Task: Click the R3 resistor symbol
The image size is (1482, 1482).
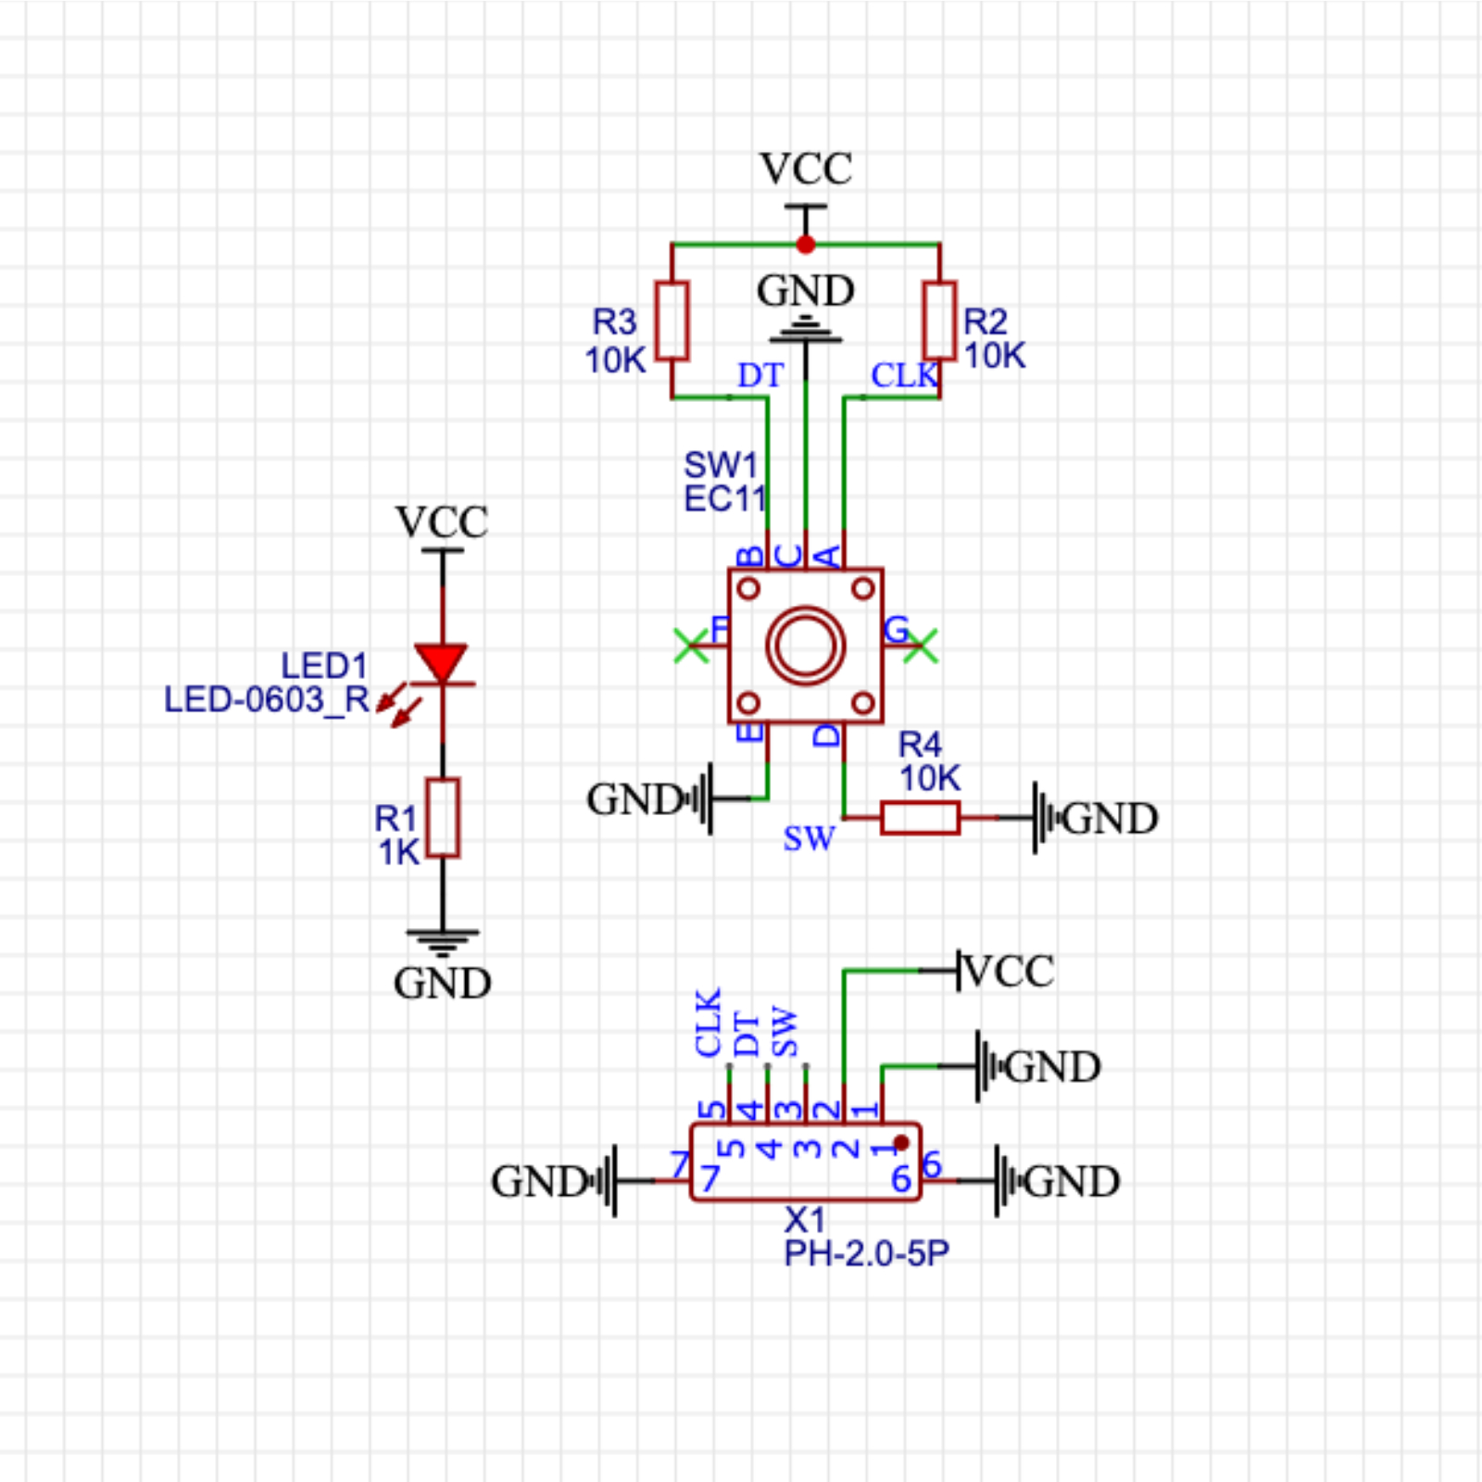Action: [672, 320]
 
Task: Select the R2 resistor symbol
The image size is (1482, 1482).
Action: [939, 320]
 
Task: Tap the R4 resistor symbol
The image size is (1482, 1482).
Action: [920, 818]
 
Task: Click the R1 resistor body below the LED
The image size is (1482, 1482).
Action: [443, 818]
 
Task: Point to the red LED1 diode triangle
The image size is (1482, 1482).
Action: [442, 663]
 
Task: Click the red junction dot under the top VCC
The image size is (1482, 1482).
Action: [806, 245]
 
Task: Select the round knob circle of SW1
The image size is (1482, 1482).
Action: [806, 646]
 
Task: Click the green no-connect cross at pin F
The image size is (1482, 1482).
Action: [691, 646]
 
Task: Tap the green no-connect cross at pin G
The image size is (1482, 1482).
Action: [921, 646]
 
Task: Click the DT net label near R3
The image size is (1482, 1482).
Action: [760, 375]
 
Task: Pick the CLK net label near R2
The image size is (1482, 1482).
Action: [904, 375]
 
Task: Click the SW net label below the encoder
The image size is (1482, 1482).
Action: [808, 838]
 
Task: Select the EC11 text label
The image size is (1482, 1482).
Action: [725, 499]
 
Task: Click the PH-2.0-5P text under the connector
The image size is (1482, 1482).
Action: [866, 1253]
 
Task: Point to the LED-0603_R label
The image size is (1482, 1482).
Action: [267, 699]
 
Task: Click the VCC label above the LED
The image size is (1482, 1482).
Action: [442, 522]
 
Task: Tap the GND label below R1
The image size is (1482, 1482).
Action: [442, 984]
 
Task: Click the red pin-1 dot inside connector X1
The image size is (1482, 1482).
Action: [901, 1143]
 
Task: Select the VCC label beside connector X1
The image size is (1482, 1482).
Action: [1008, 972]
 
